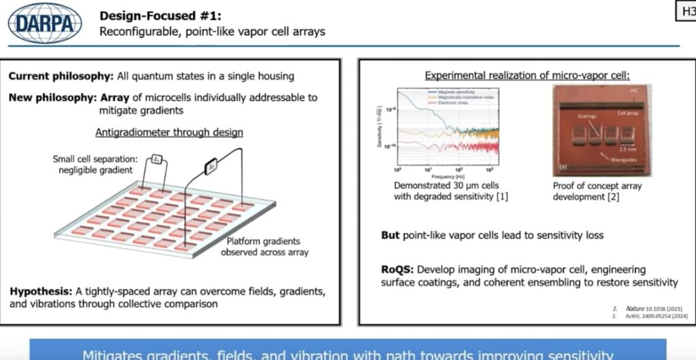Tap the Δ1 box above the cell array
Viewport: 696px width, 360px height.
[x=156, y=158]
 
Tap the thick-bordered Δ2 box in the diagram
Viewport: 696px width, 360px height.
[x=211, y=164]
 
